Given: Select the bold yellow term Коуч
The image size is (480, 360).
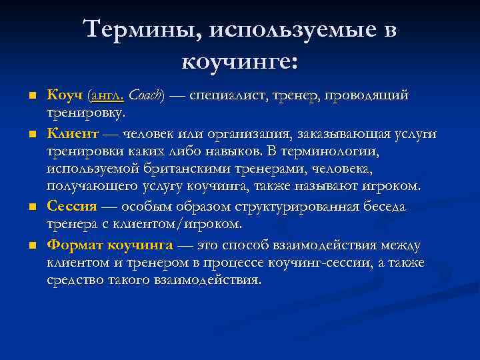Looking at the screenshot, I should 65,96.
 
